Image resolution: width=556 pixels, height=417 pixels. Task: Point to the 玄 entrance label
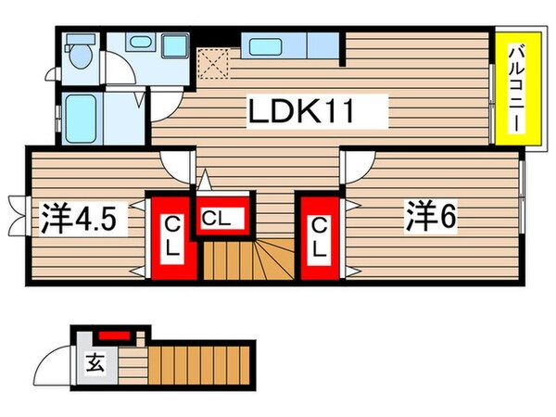click(x=96, y=362)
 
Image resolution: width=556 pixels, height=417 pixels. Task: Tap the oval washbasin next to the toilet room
click(x=141, y=43)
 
